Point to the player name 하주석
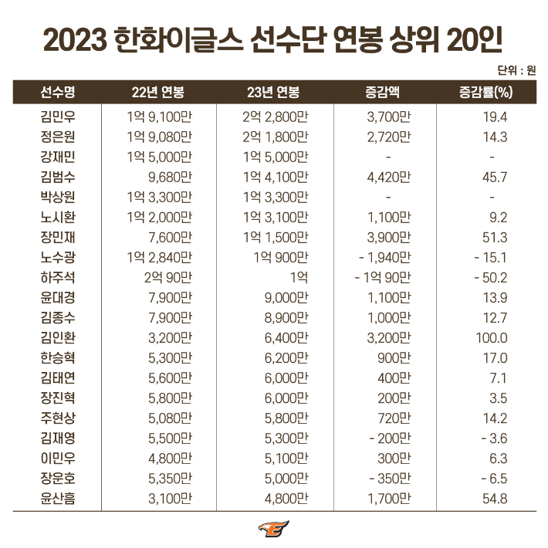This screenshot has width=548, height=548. [x=57, y=277]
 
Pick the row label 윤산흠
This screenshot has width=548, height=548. [x=57, y=498]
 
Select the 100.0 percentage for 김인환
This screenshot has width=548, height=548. [x=492, y=337]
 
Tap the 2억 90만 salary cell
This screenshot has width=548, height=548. [x=167, y=277]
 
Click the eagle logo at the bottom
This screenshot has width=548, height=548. [x=273, y=529]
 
